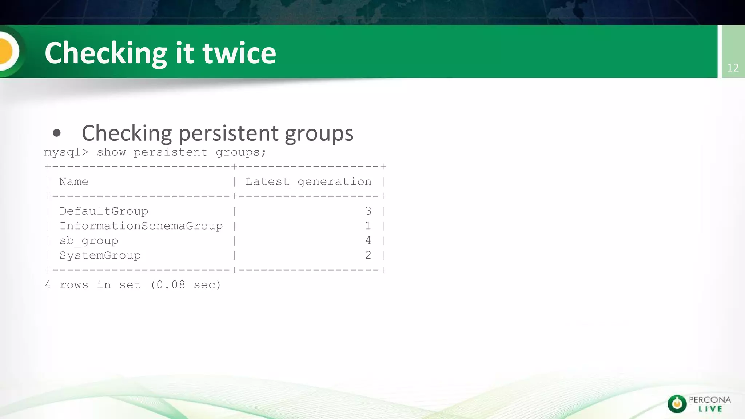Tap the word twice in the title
[239, 53]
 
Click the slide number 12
[733, 68]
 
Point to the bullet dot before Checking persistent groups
[56, 133]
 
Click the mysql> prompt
[66, 152]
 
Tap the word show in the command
[111, 152]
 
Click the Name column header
[73, 181]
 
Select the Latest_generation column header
[308, 181]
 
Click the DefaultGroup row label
[104, 211]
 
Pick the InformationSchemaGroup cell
[141, 226]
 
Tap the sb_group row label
[89, 241]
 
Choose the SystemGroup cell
[100, 255]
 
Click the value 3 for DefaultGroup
[368, 211]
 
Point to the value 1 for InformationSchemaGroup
[368, 226]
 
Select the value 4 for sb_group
[368, 240]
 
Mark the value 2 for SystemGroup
[368, 255]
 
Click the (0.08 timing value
[168, 285]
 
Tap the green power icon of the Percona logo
[677, 404]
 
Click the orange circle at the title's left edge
[7, 51]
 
